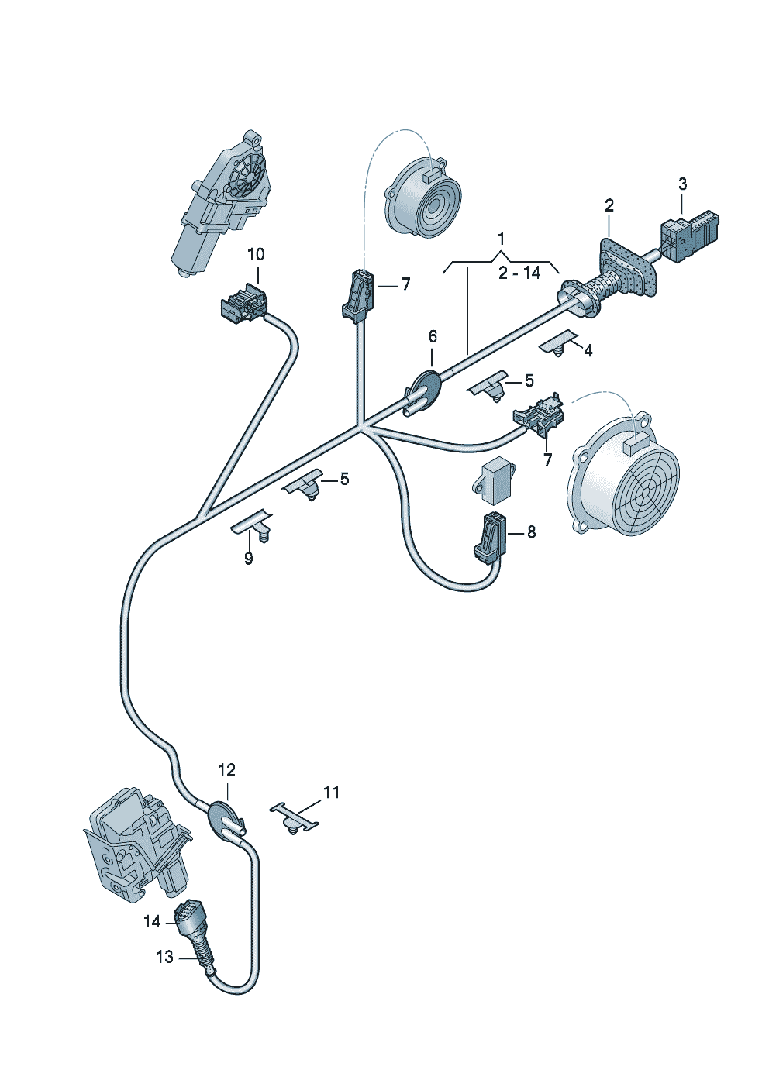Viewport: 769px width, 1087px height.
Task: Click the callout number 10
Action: (256, 254)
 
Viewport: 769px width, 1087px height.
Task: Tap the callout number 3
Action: (682, 184)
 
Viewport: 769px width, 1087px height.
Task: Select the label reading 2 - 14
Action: (519, 273)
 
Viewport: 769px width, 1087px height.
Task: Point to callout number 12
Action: (226, 770)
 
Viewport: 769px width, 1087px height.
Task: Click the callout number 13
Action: (165, 958)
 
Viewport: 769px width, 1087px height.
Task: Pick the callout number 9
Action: (248, 558)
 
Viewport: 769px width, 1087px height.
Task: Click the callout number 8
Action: (531, 531)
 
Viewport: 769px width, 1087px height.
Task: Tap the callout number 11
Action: (331, 792)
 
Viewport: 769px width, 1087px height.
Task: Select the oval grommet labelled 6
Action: (426, 388)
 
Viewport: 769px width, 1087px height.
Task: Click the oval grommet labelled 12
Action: (226, 820)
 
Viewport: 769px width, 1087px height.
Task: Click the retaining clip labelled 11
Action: (294, 818)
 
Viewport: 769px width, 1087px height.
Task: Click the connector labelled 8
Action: (490, 536)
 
